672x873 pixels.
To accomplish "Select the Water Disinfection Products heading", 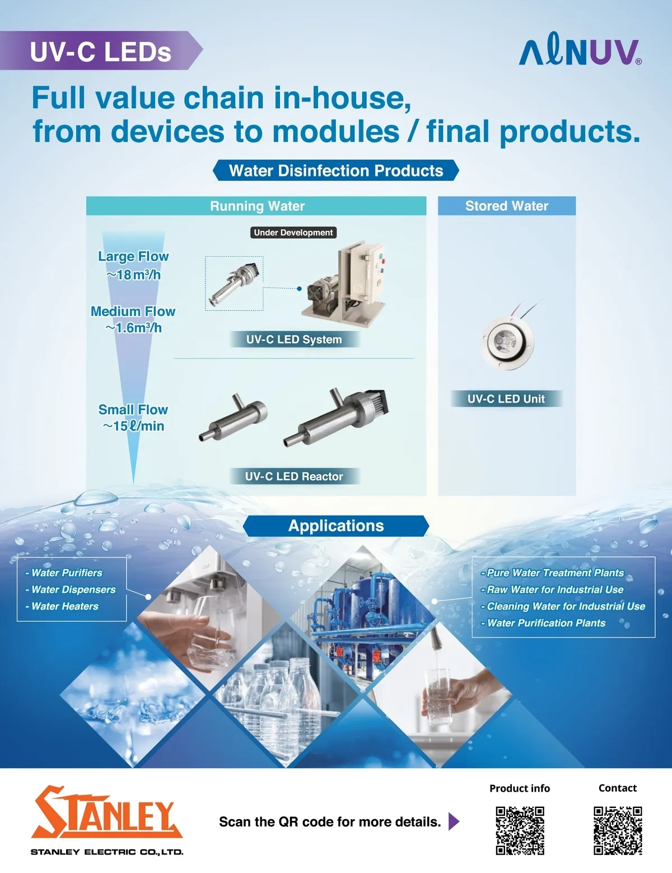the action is point(336,170).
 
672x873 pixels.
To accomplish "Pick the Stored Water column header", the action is point(507,206).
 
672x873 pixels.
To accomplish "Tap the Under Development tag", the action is point(293,233).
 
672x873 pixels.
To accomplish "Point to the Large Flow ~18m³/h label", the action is point(133,265).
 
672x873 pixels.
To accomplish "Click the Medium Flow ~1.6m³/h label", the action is point(133,319).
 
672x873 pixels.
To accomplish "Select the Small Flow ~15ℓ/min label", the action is point(133,418).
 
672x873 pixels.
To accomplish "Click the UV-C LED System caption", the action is point(294,340).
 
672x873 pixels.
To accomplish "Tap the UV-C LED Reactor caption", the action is point(294,476).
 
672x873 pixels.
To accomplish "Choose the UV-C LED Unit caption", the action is point(506,398).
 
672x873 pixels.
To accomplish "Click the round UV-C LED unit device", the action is point(508,342).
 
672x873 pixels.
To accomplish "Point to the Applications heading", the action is point(336,526).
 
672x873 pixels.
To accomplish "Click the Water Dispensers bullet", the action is point(71,589).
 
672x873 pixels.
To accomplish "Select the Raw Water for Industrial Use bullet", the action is point(552,589).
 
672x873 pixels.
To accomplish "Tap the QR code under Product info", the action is point(520,831).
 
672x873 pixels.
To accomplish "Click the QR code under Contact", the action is point(618,831).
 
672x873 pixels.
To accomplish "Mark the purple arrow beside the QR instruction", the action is point(454,821).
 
